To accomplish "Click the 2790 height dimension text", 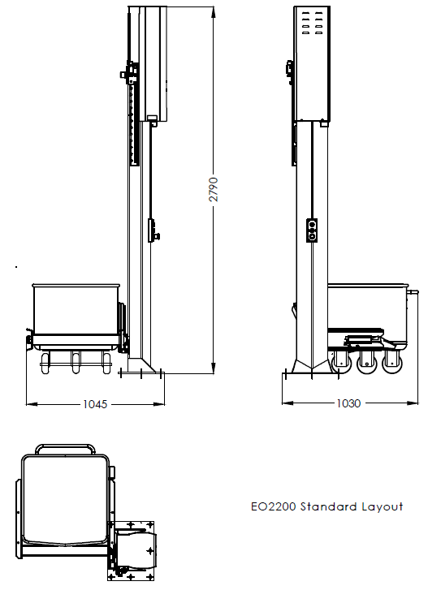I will click(x=214, y=192).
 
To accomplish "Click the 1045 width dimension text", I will click(x=96, y=403).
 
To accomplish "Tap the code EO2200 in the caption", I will click(x=274, y=507).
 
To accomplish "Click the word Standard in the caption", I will click(x=329, y=507).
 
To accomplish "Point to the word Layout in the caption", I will click(x=383, y=507).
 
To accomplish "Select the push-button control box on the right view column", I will click(x=311, y=231).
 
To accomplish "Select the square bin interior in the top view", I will click(x=65, y=500).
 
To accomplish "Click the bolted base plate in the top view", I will click(x=136, y=549).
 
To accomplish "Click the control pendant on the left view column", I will click(x=152, y=230).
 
